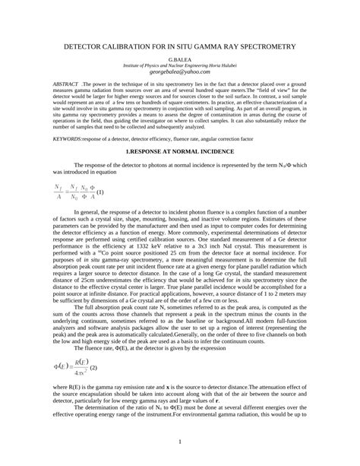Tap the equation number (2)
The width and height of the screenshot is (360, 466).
93,325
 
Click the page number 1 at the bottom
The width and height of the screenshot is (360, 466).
179,441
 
